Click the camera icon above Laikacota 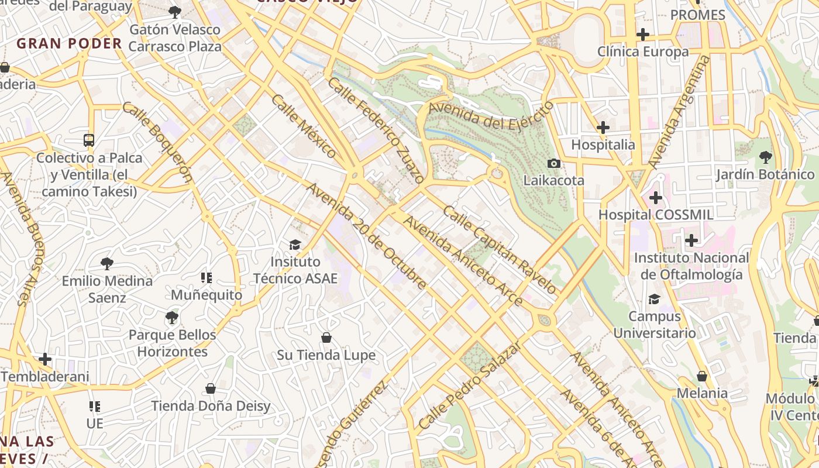point(553,163)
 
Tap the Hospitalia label point(603,144)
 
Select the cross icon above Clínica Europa point(643,35)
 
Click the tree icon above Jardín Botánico point(765,157)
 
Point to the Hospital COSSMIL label point(655,215)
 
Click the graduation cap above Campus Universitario point(654,300)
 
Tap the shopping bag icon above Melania point(702,376)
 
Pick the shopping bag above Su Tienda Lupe point(326,338)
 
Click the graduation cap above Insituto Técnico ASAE point(295,245)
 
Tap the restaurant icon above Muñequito point(207,277)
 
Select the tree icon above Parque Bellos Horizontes point(171,318)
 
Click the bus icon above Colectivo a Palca point(89,140)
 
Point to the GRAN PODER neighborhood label point(69,43)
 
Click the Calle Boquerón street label point(157,142)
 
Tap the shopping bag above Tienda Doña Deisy point(211,388)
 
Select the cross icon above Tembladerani point(45,359)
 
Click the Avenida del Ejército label point(490,116)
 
